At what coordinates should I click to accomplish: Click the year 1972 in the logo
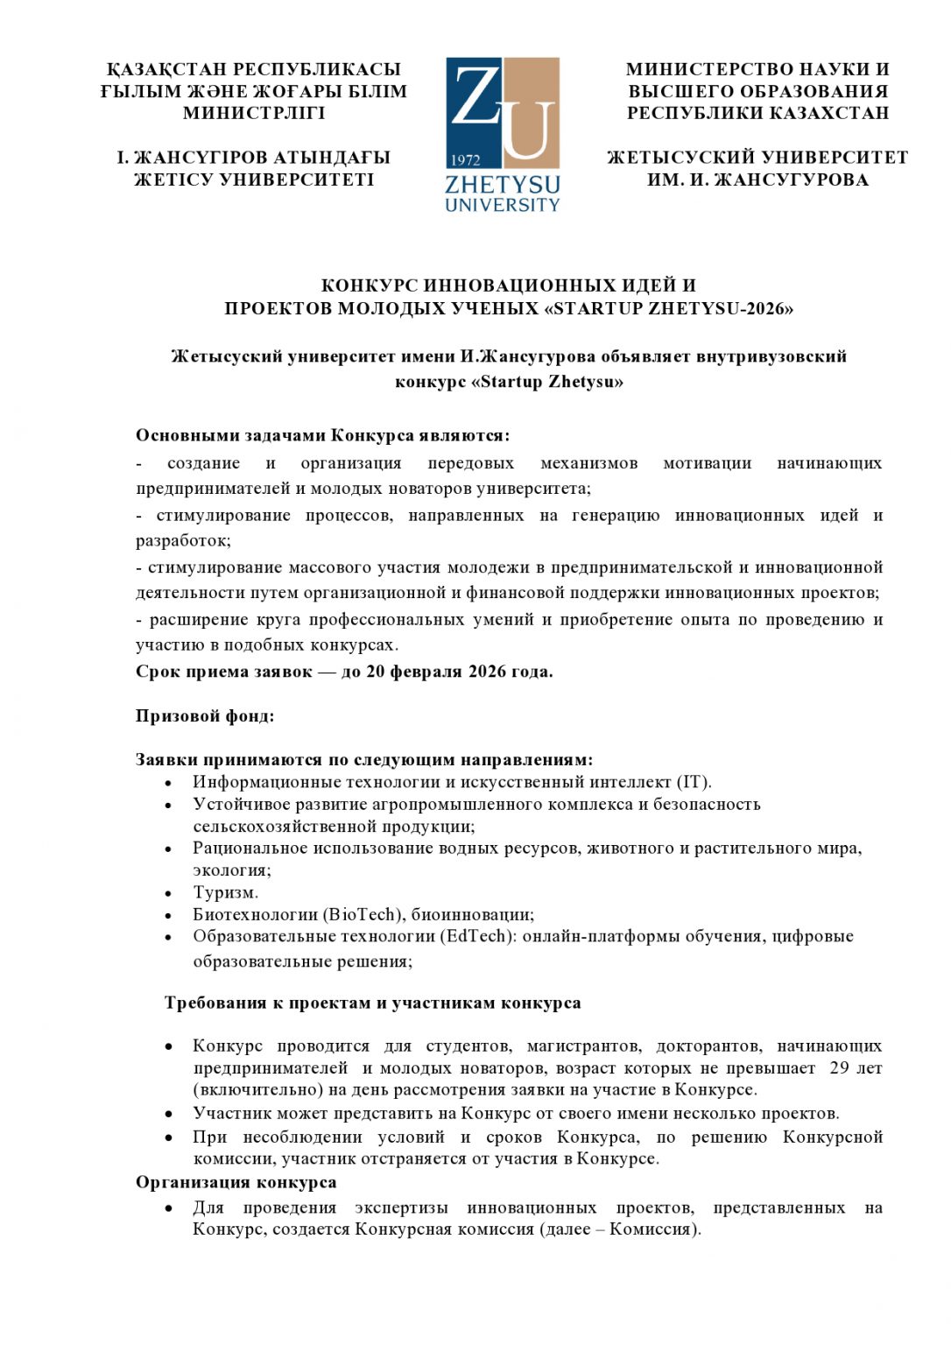click(466, 159)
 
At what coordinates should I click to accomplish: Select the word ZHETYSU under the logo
click(502, 185)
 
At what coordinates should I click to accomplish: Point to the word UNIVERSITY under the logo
click(502, 205)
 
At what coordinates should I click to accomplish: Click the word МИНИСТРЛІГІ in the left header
click(254, 113)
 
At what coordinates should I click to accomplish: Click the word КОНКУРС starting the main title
click(369, 285)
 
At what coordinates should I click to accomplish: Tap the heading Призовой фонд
click(205, 716)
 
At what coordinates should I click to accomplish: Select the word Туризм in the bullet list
click(225, 892)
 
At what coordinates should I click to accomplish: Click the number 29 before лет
click(839, 1068)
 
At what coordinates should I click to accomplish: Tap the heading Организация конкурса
click(236, 1182)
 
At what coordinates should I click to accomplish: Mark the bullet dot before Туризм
click(168, 893)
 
